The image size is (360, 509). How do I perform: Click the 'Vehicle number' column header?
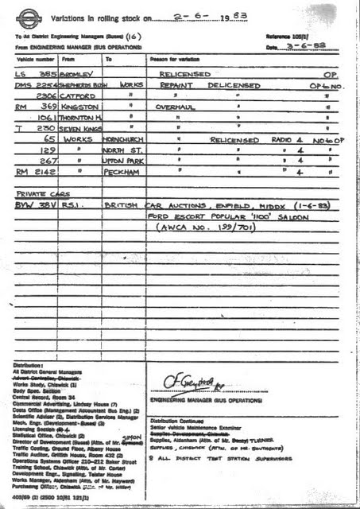pos(33,60)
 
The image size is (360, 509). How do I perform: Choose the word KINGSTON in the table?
pos(79,106)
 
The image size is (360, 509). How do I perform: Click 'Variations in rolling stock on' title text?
pos(95,17)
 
